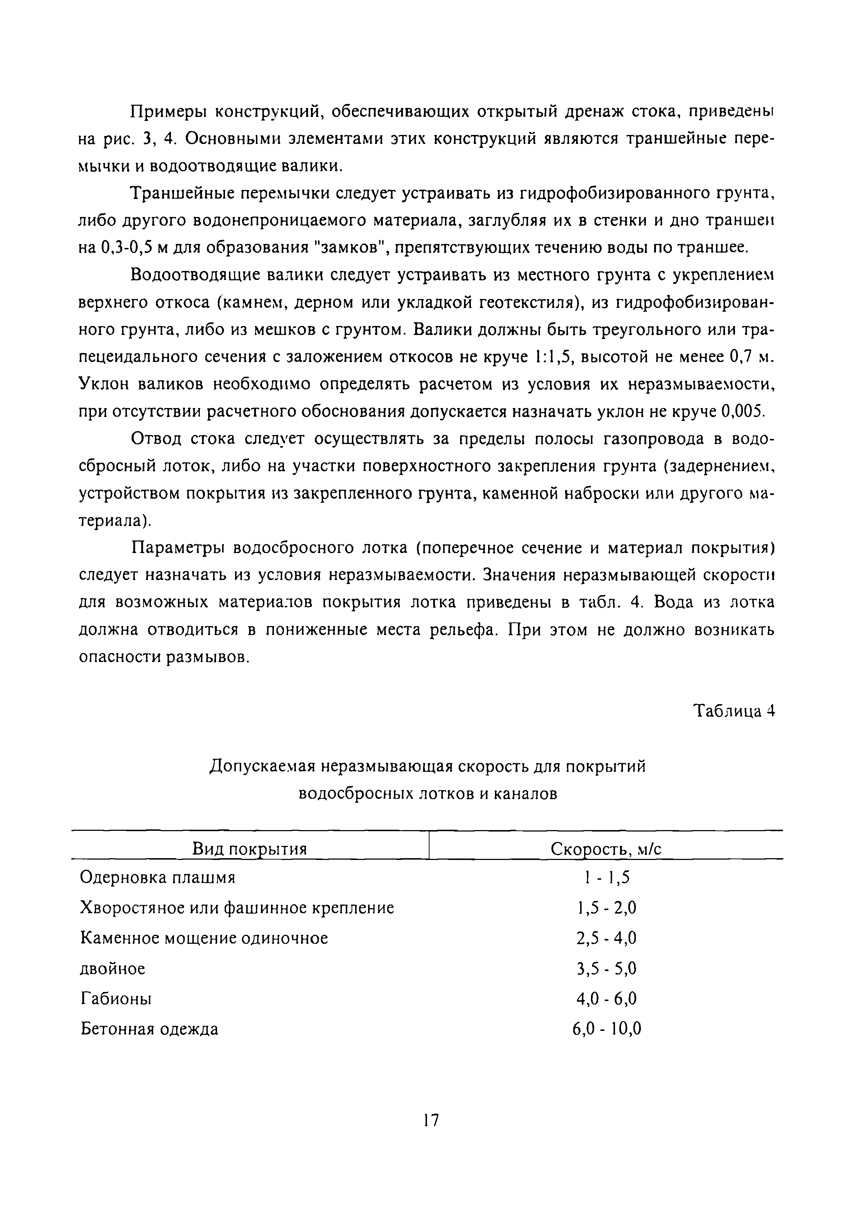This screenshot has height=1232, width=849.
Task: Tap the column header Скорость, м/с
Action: tap(606, 849)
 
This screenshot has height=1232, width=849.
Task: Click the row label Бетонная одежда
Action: tap(150, 1029)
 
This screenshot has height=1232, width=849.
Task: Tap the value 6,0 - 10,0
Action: tap(606, 1029)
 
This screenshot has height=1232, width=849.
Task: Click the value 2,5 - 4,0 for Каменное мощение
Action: tap(606, 938)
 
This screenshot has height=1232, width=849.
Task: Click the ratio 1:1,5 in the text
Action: tap(553, 356)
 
